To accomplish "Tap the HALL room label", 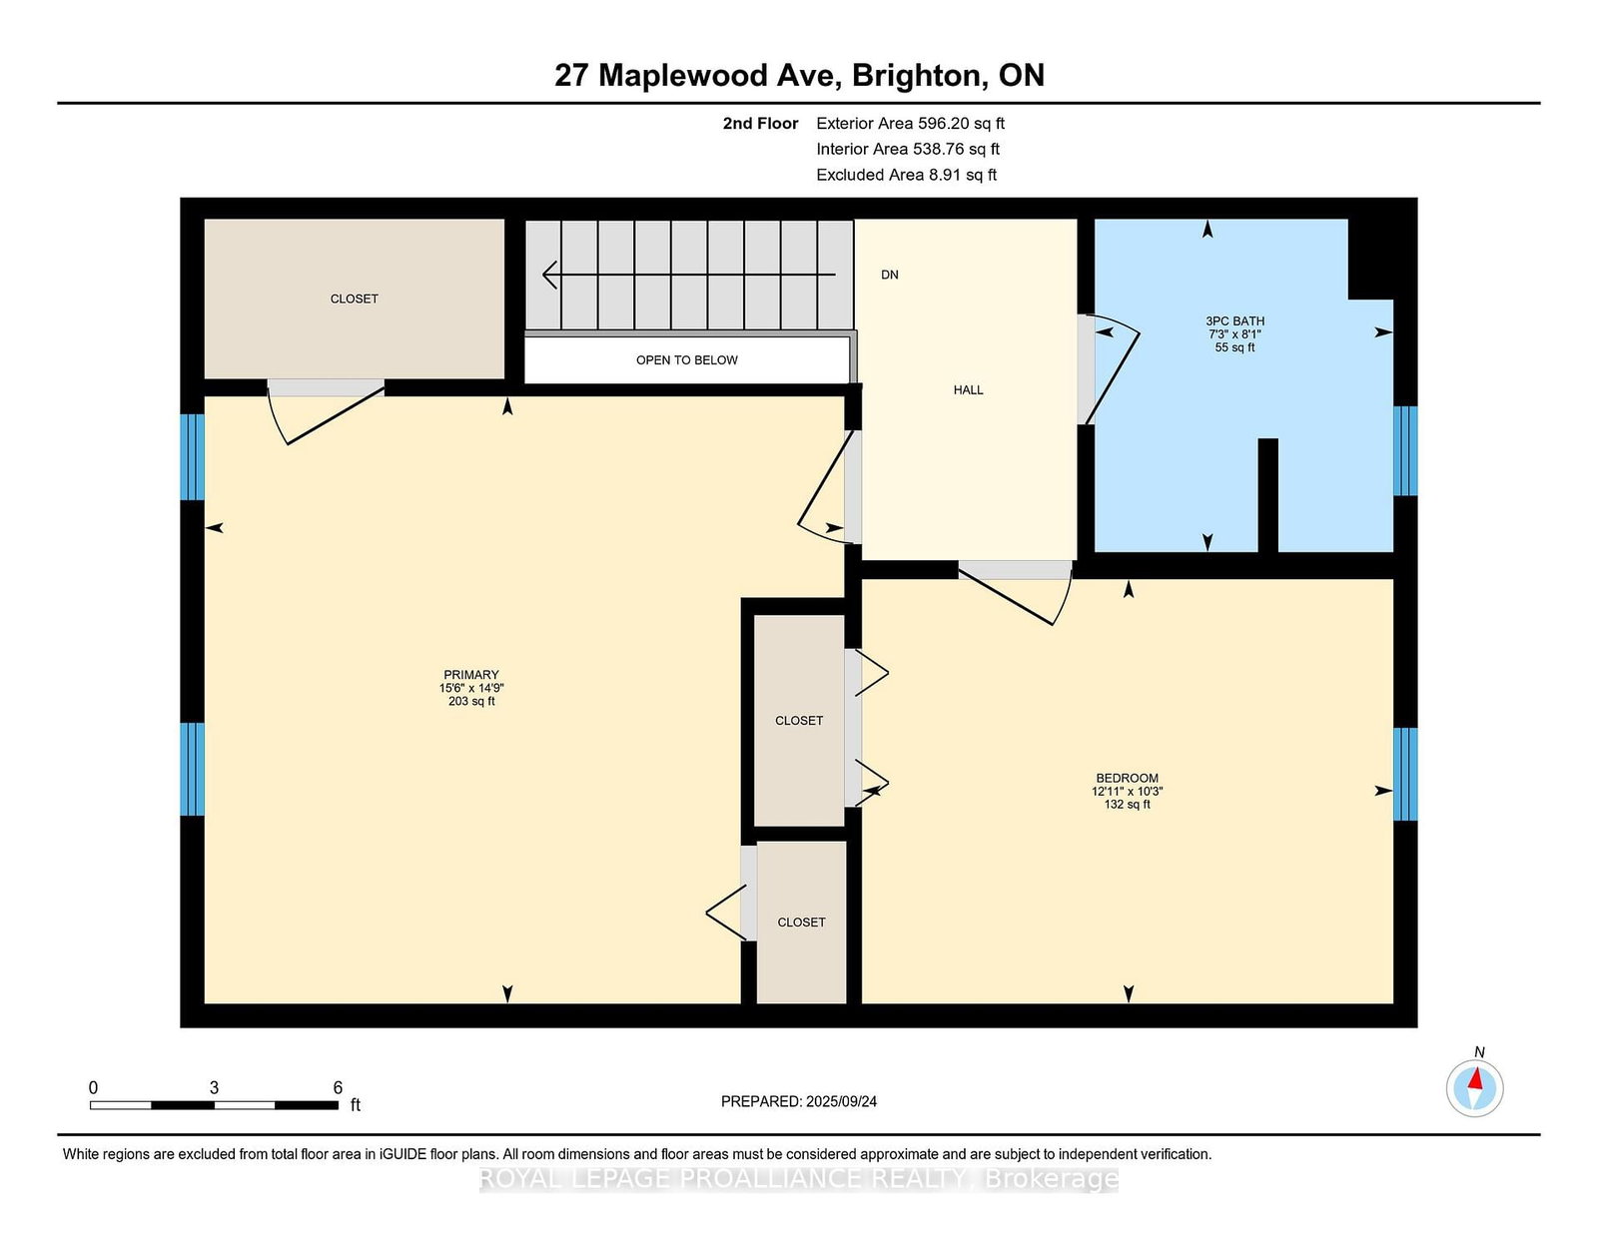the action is click(x=968, y=390).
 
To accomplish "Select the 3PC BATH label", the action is click(x=1234, y=320).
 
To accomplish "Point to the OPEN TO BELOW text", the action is click(x=687, y=360).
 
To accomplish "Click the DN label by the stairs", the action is click(x=890, y=275).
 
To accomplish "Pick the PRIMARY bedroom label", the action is click(x=471, y=675).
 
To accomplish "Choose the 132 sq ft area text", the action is click(x=1127, y=805).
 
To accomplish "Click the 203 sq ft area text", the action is click(x=471, y=701).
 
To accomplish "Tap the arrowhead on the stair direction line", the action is click(x=549, y=275).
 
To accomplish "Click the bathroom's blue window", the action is click(x=1404, y=451).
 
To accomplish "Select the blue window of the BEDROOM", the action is click(x=1404, y=774).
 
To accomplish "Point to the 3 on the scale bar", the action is click(x=214, y=1088).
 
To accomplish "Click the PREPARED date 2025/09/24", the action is click(x=841, y=1102).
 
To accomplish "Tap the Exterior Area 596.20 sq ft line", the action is click(x=911, y=124).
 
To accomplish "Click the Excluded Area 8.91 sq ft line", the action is click(x=906, y=175).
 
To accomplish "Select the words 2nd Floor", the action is click(x=760, y=124).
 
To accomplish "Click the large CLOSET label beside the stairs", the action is click(x=354, y=300).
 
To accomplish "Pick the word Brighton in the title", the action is click(x=920, y=76).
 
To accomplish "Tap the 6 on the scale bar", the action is click(x=338, y=1088).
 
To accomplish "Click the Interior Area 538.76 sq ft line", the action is click(x=908, y=149).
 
